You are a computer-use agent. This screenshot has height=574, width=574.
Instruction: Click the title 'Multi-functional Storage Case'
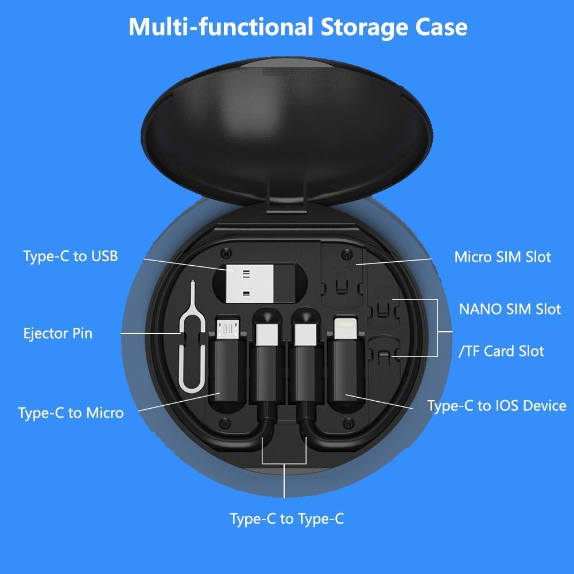pos(297,27)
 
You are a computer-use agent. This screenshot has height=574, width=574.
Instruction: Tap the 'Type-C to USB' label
pos(71,256)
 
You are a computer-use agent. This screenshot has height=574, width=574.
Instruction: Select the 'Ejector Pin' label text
pos(57,333)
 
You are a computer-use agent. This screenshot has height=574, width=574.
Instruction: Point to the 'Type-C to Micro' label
pos(71,412)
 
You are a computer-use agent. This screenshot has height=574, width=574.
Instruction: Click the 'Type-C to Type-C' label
pos(287,519)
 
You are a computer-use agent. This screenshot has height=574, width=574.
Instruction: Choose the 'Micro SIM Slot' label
pos(502,257)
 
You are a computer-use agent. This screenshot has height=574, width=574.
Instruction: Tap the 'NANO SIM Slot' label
pos(510,309)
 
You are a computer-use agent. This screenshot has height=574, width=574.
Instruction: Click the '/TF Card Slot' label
pos(501,351)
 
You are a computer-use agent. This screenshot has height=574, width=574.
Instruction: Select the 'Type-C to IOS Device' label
pos(497,406)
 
